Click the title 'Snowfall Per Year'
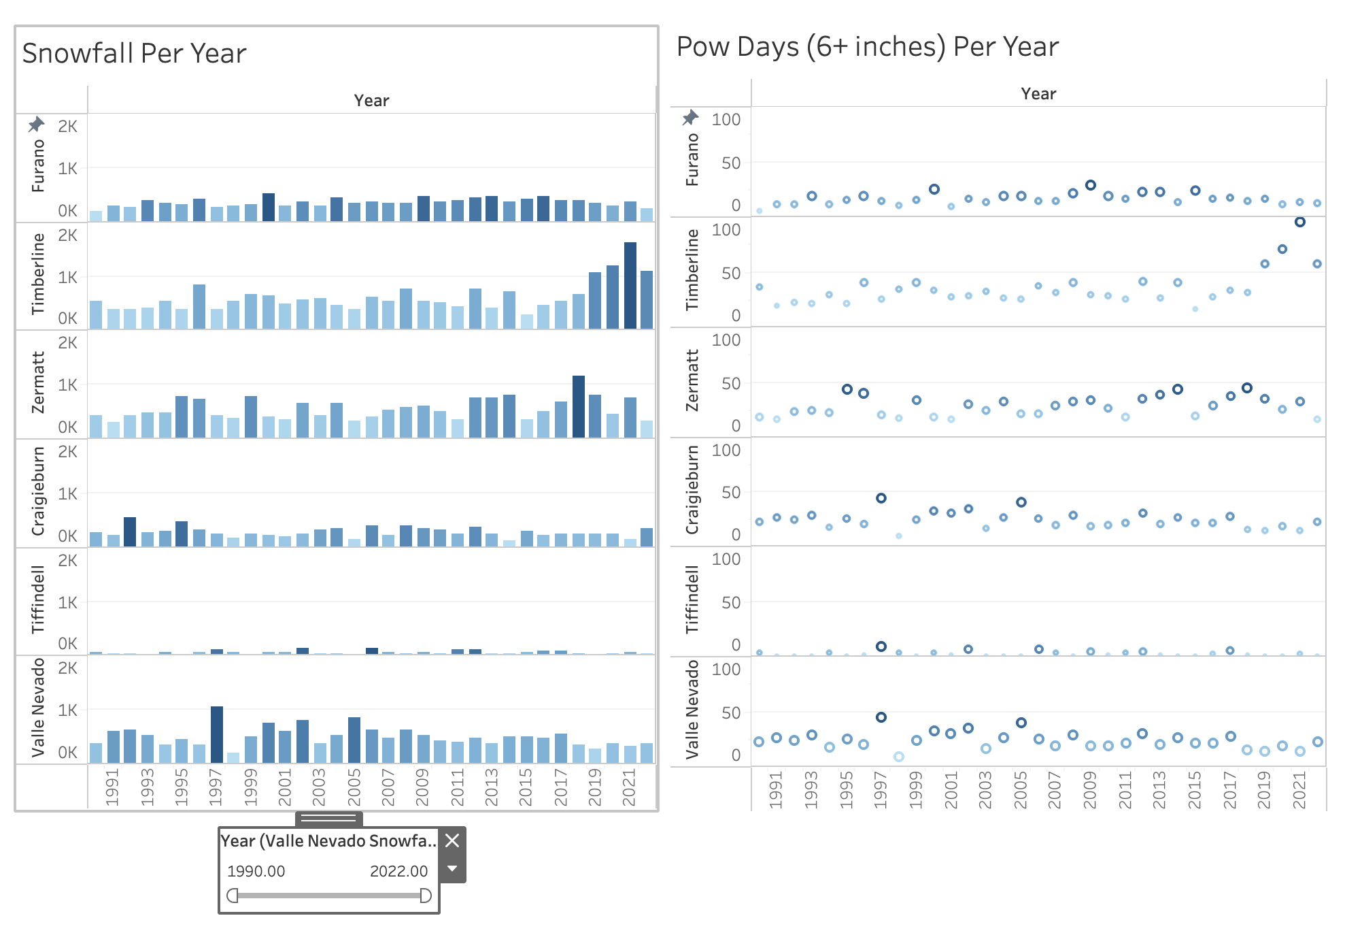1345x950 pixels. pos(134,54)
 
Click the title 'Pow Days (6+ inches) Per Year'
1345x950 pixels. pos(867,47)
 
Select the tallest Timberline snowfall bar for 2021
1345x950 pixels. pos(630,286)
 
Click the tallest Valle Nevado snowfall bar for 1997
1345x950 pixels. pos(217,735)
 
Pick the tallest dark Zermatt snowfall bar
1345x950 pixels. pos(579,406)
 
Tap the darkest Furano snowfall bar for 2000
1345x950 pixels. pos(269,207)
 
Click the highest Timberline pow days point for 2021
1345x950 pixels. pos(1299,222)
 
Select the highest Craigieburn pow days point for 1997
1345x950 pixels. pos(881,498)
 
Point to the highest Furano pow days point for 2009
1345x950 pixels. pos(1090,185)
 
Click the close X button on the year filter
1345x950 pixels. pos(452,841)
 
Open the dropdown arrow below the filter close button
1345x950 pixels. pos(452,869)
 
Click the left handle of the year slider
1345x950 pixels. pos(233,896)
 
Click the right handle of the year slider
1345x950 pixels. pos(426,896)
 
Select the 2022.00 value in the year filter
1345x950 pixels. pos(398,872)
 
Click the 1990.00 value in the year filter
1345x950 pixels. pos(256,872)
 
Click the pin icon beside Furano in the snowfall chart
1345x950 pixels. pos(36,125)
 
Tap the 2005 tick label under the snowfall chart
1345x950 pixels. pos(354,787)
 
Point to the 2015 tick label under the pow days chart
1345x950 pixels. pos(1194,790)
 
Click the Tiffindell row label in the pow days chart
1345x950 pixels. pos(692,600)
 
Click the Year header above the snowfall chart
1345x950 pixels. pos(371,101)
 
